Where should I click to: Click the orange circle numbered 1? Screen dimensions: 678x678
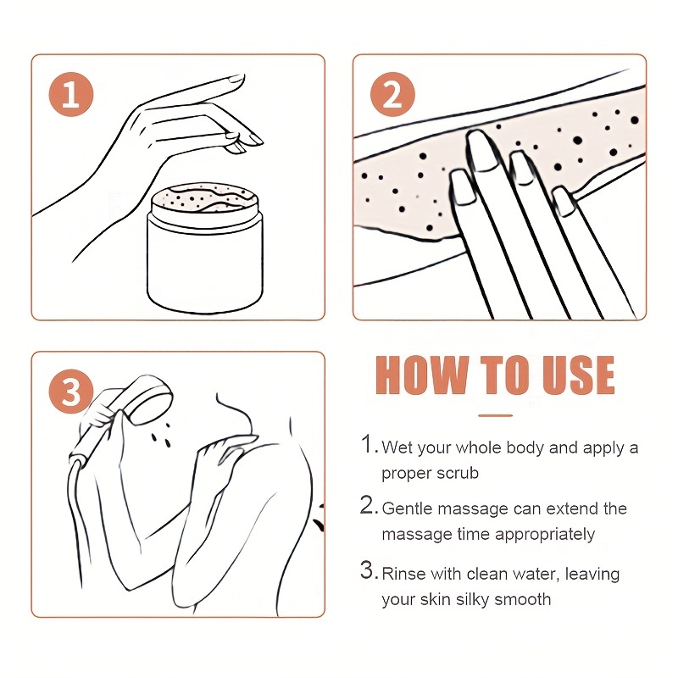[x=71, y=94]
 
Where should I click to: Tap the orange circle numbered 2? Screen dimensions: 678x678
[x=392, y=94]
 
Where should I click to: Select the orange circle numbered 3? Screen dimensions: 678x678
[x=71, y=392]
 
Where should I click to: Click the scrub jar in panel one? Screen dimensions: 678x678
[x=204, y=247]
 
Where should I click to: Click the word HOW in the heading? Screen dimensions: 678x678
[x=422, y=375]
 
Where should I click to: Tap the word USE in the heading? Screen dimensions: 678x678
[x=578, y=375]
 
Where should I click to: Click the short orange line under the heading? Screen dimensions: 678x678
[x=496, y=415]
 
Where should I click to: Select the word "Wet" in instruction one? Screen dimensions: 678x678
[x=397, y=448]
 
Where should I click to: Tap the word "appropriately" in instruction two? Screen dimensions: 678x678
[x=545, y=536]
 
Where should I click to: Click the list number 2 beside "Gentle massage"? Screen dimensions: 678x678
[x=367, y=505]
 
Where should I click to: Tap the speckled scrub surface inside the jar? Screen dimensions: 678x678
[x=205, y=199]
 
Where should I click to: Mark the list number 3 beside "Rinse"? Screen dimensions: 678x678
[x=367, y=570]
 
